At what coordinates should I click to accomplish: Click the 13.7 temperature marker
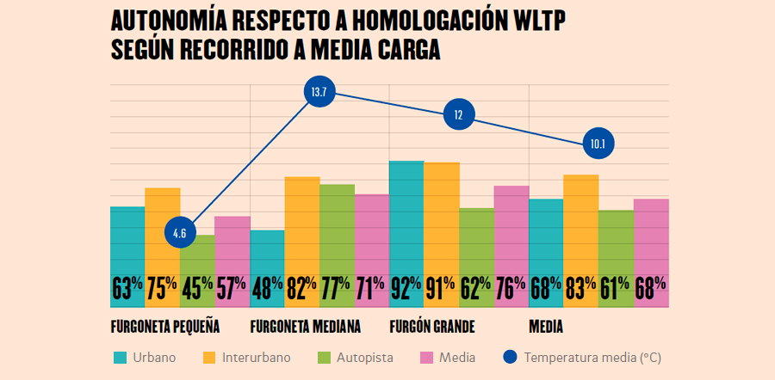pyautogui.click(x=319, y=92)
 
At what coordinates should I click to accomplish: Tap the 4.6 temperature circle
pyautogui.click(x=179, y=233)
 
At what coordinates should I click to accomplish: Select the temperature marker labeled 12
pyautogui.click(x=458, y=114)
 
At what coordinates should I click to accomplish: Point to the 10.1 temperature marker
pyautogui.click(x=598, y=144)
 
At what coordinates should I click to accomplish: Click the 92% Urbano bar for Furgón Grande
pyautogui.click(x=406, y=232)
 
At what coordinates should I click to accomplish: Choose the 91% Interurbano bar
pyautogui.click(x=441, y=232)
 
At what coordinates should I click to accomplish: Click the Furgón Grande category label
pyautogui.click(x=432, y=328)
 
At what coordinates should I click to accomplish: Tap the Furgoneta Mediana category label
pyautogui.click(x=305, y=328)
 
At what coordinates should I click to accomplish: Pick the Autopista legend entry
pyautogui.click(x=360, y=357)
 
